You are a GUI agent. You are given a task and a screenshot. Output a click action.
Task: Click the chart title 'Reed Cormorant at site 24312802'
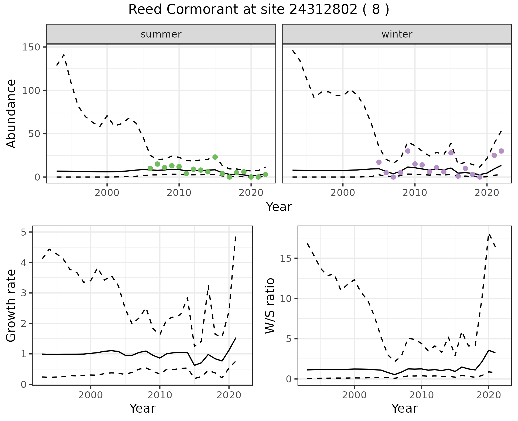pos(258,10)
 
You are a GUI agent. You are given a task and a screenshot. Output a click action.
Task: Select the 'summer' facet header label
pos(161,34)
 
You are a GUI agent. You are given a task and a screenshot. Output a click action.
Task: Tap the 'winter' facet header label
pos(397,34)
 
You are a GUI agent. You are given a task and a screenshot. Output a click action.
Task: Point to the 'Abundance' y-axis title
pos(11,113)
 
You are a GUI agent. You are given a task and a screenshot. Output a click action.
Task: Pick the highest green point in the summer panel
pos(215,157)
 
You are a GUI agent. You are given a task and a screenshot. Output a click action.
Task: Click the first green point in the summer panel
pos(150,168)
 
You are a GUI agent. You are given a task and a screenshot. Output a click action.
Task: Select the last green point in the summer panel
pos(265,175)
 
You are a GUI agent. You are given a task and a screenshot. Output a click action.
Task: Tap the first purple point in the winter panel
pos(379,162)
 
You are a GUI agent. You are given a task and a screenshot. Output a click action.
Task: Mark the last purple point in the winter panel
pos(501,151)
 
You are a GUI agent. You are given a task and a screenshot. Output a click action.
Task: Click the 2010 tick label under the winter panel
pos(415,193)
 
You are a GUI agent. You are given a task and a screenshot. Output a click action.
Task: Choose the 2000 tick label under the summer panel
pos(107,193)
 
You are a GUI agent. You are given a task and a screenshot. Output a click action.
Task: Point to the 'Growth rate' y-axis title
pos(11,305)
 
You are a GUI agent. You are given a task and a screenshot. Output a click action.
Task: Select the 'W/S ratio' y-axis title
pos(270,305)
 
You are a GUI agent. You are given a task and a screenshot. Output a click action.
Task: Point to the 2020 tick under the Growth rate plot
pos(229,395)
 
